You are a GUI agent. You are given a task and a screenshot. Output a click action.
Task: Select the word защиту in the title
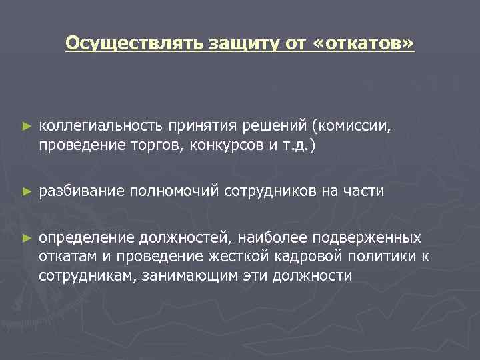pos(231,44)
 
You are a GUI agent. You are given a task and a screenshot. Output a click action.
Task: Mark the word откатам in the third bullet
pos(66,257)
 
